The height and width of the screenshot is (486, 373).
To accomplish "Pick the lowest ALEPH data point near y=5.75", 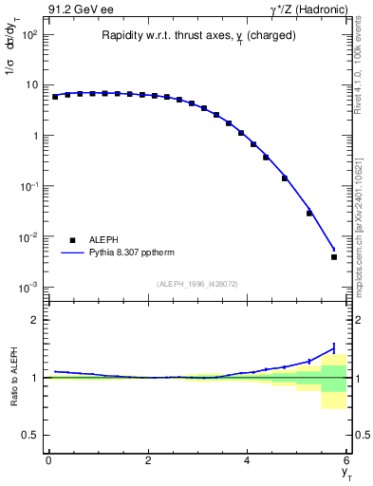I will point(334,257).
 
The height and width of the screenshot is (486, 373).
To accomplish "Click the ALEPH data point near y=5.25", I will point(309,213).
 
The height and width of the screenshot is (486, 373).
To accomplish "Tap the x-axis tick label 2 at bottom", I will point(148,459).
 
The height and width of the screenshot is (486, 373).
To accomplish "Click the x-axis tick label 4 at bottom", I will point(248,459).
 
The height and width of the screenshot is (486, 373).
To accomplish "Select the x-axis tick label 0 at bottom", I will point(48,459).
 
